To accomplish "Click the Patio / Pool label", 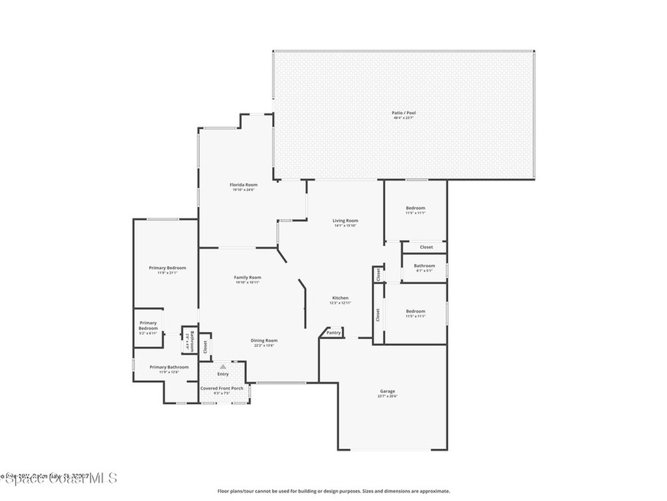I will tap(403, 113).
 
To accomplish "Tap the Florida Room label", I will tap(243, 185).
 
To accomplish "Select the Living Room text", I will tap(345, 220).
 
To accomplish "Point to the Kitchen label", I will tap(340, 297).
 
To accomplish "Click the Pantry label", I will tap(333, 333).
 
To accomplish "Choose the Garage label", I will tap(388, 391).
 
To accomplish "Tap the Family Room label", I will tap(248, 277).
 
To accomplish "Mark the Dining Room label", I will tap(264, 340).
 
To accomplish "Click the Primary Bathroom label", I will tap(169, 367).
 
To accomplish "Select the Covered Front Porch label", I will tap(222, 388).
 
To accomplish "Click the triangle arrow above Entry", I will tap(223, 367).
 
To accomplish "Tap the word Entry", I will tap(223, 374).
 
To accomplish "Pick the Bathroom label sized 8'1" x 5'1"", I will tap(425, 266).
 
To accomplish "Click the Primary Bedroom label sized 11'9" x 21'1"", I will tap(167, 268).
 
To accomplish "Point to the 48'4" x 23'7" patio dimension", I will tap(403, 118).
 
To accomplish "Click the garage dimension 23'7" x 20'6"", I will tap(388, 397).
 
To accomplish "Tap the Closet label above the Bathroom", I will tap(426, 247).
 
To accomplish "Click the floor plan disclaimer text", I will tap(333, 491).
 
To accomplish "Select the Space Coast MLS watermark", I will tap(59, 478).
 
